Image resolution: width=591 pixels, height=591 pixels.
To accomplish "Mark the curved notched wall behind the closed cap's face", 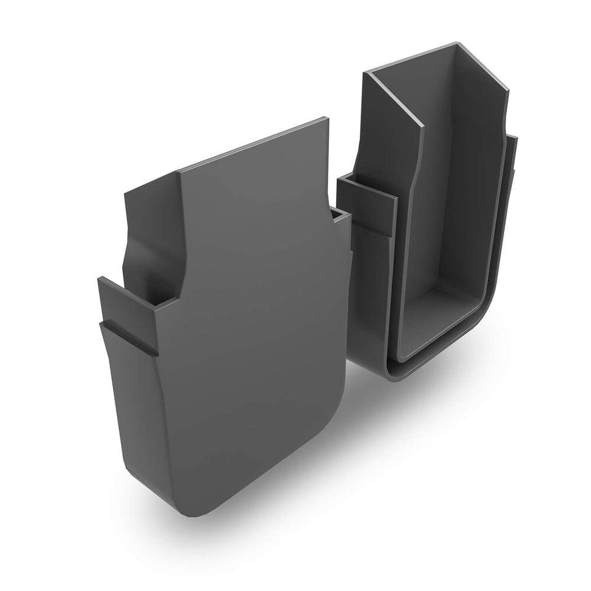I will [x=151, y=236].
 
